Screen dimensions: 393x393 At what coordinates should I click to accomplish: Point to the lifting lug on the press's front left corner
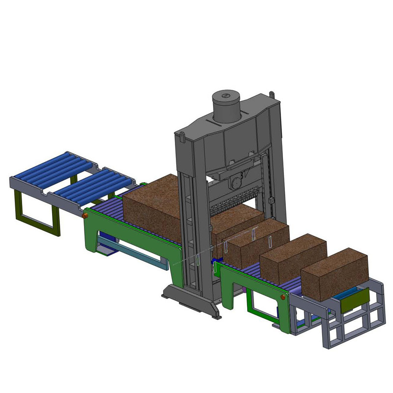tap(181, 133)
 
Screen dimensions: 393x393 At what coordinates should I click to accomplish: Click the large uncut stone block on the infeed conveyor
tap(152, 203)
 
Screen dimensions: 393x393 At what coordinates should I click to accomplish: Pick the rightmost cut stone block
tap(335, 273)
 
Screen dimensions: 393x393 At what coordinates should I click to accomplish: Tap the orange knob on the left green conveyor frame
tap(85, 215)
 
